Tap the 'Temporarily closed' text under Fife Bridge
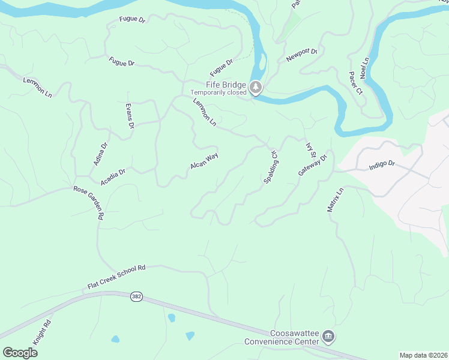pos(219,93)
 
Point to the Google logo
pos(20,352)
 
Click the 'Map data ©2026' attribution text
pos(423,355)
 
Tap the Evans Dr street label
pos(129,116)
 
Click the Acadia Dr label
pos(113,176)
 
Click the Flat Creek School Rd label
pos(116,278)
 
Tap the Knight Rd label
pos(41,332)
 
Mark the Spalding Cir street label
pos(270,167)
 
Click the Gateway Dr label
pos(313,166)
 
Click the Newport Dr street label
pos(301,55)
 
